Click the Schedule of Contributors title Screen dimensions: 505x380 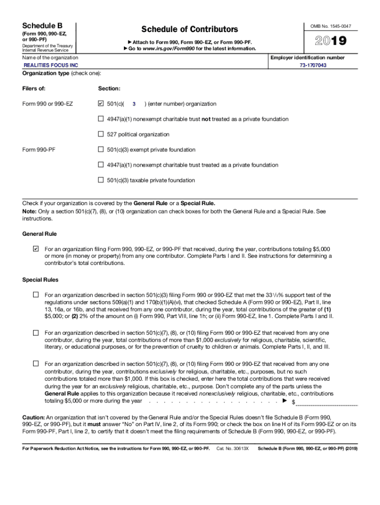(x=190, y=30)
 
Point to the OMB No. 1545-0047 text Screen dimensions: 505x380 (x=334, y=26)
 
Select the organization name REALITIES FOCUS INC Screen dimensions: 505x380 (x=51, y=65)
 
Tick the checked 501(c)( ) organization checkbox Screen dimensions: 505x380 (x=101, y=104)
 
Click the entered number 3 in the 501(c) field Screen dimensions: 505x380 (x=134, y=104)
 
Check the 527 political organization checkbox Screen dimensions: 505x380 (x=101, y=134)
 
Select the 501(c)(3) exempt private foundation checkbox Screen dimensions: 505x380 (x=101, y=149)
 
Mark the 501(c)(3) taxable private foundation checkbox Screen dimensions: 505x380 (x=101, y=180)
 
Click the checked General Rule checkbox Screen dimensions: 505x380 (x=36, y=249)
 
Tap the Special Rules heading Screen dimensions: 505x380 (x=40, y=280)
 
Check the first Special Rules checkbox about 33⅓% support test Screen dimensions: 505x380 (x=36, y=294)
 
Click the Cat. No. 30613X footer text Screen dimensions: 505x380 (x=232, y=449)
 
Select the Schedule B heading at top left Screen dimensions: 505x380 (x=42, y=25)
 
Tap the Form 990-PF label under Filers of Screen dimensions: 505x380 (x=39, y=149)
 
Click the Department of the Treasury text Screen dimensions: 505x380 (x=48, y=46)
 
